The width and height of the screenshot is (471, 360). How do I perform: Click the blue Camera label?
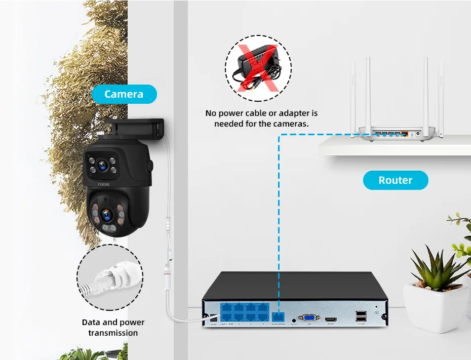click(124, 94)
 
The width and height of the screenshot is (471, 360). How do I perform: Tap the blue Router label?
click(396, 180)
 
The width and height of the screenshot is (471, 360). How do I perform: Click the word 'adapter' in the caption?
click(292, 113)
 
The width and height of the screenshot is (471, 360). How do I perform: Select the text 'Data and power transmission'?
click(113, 328)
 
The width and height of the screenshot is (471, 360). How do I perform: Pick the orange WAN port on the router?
click(405, 134)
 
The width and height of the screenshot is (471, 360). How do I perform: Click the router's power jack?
click(416, 135)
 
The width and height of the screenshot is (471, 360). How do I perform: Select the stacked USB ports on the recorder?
click(362, 316)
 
